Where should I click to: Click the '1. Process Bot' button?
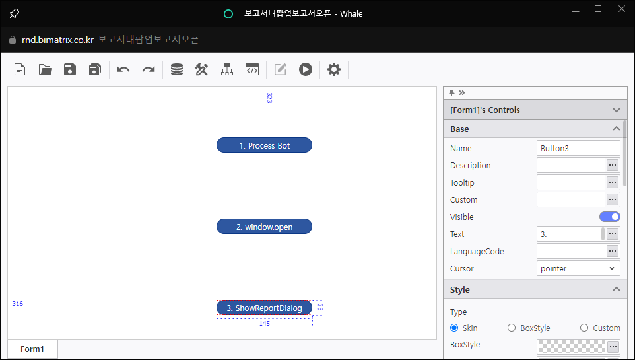coord(264,145)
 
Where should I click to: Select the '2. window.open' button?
coord(264,226)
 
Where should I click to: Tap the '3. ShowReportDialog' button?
coord(264,308)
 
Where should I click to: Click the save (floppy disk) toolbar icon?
coord(70,69)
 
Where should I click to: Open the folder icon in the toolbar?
coord(45,69)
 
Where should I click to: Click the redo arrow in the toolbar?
coord(149,70)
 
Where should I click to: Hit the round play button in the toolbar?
coord(306,69)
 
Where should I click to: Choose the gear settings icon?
coord(334,69)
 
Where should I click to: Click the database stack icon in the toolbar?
coord(176,69)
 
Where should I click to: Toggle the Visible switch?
coord(609,217)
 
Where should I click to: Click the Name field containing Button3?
coord(578,148)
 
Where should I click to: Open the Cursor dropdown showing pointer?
coord(578,268)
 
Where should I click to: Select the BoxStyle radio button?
coord(512,328)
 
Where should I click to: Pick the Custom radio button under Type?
coord(584,328)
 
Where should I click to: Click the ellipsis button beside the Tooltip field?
coord(613,182)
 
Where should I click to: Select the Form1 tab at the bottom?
coord(32,349)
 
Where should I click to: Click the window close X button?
coord(622,9)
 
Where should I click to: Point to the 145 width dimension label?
coord(265,323)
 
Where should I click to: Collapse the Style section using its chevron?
coord(617,289)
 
